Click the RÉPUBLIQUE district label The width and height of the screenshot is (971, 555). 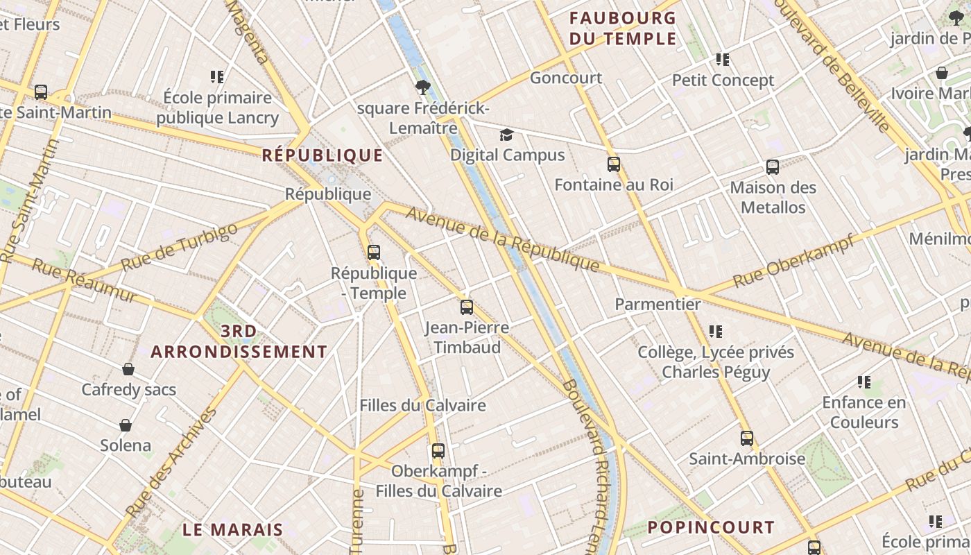(x=323, y=155)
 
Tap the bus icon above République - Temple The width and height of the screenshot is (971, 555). (x=374, y=252)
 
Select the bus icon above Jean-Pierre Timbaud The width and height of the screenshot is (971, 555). (x=467, y=307)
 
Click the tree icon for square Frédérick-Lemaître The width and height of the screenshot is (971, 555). (x=422, y=87)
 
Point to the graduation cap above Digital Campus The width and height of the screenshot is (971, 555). (x=507, y=135)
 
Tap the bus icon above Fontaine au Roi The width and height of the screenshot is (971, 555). (x=614, y=164)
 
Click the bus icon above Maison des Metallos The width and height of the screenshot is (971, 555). (x=773, y=167)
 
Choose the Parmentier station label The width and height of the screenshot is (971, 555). (x=658, y=304)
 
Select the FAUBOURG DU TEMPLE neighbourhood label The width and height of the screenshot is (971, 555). (x=623, y=28)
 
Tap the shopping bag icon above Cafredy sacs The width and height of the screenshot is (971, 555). (x=128, y=369)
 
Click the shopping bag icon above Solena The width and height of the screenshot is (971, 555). (x=126, y=425)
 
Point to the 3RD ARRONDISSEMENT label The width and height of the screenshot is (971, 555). (x=239, y=342)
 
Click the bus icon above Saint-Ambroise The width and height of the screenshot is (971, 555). (x=747, y=438)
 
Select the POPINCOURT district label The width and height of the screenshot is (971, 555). (x=710, y=527)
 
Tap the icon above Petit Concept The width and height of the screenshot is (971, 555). (x=723, y=60)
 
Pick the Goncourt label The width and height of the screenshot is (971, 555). (x=566, y=78)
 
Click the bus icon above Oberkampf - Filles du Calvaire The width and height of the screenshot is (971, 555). (x=438, y=451)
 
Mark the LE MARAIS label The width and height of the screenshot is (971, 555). (x=233, y=530)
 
